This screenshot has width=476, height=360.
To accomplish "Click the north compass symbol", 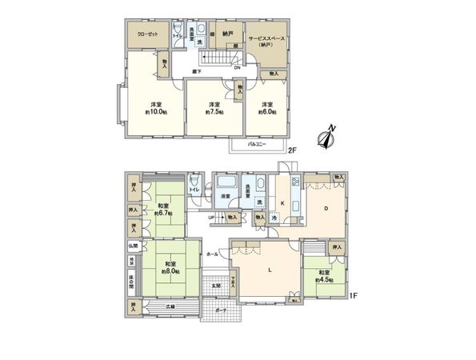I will coord(325,139).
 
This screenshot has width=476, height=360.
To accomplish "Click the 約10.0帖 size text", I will coord(154,111).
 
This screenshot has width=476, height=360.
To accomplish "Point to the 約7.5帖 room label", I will coord(214,111).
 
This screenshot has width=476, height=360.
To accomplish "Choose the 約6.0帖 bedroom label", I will coord(266,111).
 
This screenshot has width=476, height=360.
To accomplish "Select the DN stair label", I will coord(238,68).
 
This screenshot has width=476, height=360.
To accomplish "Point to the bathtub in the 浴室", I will coord(226,191).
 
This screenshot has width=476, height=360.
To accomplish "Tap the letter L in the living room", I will coord(270,269).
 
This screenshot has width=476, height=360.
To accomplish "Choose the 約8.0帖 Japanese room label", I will coord(170,270).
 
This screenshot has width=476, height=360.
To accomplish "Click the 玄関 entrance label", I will coord(216,286).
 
